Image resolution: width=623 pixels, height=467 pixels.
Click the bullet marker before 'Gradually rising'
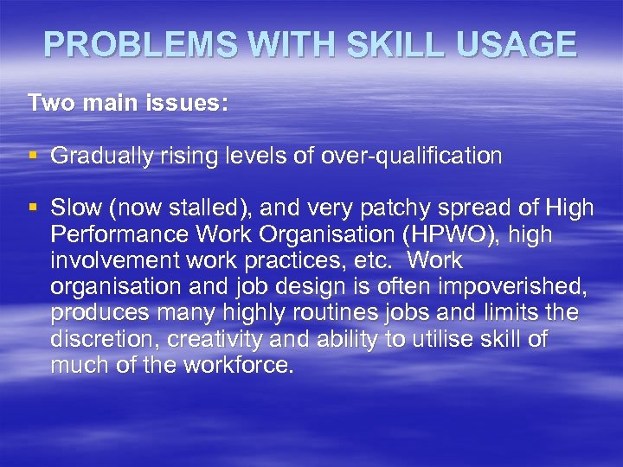[33, 156]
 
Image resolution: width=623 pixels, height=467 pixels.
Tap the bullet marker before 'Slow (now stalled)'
[33, 208]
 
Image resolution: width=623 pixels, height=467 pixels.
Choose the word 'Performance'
[120, 234]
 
